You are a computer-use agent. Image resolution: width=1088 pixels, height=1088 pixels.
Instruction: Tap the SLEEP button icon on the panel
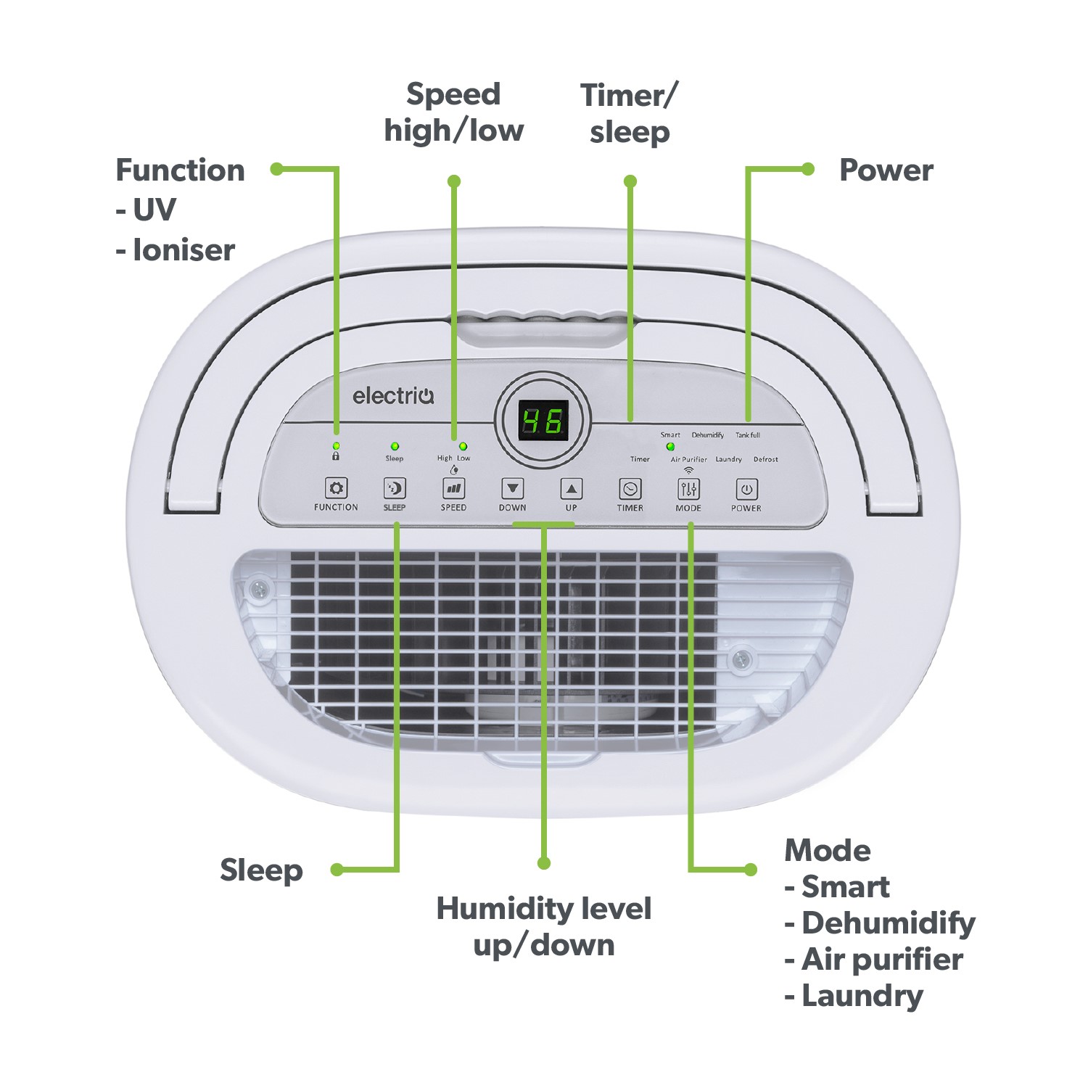[395, 488]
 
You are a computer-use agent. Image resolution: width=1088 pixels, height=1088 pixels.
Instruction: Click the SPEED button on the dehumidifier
[454, 488]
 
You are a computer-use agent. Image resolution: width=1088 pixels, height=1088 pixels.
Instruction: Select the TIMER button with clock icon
[630, 489]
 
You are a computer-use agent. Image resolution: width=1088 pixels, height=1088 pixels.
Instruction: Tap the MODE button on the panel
[688, 489]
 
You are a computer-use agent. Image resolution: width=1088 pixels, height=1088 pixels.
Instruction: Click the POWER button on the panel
[746, 489]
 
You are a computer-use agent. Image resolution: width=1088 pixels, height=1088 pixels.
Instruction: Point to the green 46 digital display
[543, 421]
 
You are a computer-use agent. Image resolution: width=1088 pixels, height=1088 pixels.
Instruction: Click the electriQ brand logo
[393, 396]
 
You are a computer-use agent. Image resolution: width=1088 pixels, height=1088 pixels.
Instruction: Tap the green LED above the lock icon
[336, 445]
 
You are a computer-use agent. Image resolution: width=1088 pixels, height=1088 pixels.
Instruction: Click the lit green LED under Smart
[670, 447]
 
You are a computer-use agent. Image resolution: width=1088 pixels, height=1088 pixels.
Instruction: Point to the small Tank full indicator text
[748, 435]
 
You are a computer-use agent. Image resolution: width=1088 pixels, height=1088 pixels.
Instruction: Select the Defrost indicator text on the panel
[765, 459]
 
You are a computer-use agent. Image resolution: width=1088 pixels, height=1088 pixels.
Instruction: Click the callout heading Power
[886, 170]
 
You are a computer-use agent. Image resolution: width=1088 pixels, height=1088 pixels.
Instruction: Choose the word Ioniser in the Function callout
[184, 250]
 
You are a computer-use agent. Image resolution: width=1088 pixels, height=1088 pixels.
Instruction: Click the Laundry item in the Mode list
[862, 996]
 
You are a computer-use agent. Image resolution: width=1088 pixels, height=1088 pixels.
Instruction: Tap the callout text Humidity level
[543, 909]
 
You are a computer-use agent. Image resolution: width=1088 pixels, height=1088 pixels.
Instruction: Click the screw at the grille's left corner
[258, 589]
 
